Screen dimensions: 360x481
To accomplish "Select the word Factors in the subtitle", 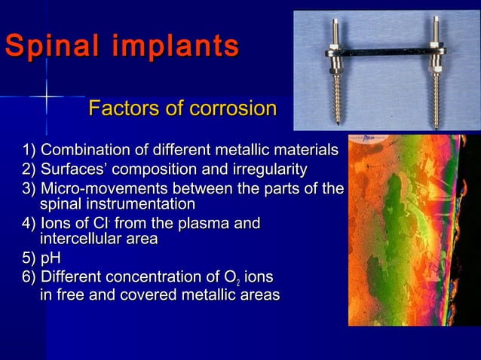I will coord(125,110).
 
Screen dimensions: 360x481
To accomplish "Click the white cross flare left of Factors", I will coord(46,96).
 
